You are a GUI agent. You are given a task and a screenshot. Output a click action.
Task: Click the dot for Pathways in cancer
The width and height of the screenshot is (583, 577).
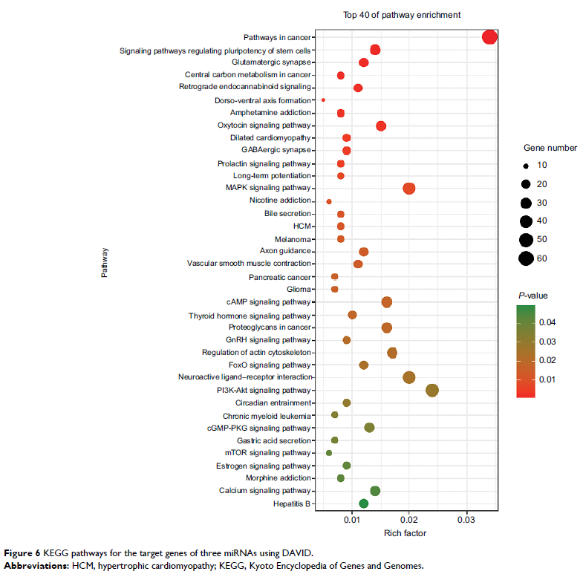tap(489, 37)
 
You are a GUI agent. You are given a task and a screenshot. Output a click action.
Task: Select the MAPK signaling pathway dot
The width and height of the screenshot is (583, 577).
tap(408, 189)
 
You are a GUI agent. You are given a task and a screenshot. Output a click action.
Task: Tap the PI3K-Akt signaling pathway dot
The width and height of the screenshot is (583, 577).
tap(432, 390)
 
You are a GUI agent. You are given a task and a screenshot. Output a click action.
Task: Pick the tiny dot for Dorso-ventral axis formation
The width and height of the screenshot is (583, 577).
tap(323, 100)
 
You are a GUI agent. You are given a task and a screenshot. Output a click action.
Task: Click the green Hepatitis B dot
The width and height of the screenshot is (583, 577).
tap(363, 503)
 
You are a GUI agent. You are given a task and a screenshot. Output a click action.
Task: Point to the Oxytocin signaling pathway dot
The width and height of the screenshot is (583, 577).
tap(381, 125)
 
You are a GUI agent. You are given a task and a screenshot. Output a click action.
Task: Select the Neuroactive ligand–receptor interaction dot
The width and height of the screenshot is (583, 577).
tap(408, 377)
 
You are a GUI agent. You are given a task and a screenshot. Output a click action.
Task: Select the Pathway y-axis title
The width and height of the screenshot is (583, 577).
tap(105, 263)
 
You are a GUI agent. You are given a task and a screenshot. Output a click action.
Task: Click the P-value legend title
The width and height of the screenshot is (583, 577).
tap(533, 296)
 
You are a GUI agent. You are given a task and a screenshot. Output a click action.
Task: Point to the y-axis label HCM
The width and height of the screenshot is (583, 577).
tap(302, 226)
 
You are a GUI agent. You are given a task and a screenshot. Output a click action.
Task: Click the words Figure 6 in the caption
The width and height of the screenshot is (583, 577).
tap(24, 553)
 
